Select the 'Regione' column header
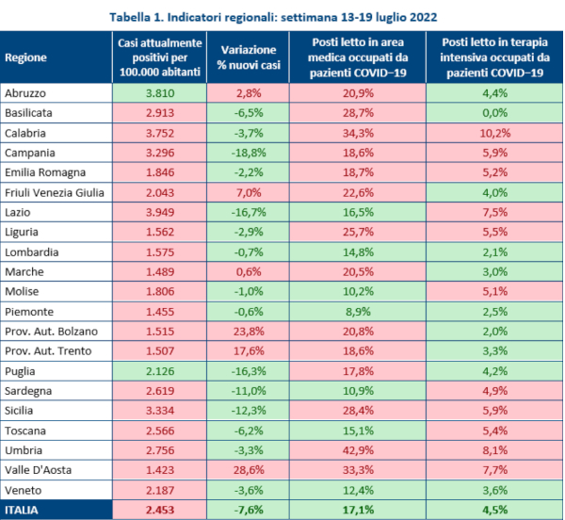click(x=25, y=57)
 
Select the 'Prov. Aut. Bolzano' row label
click(x=52, y=332)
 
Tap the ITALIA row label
click(x=24, y=511)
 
